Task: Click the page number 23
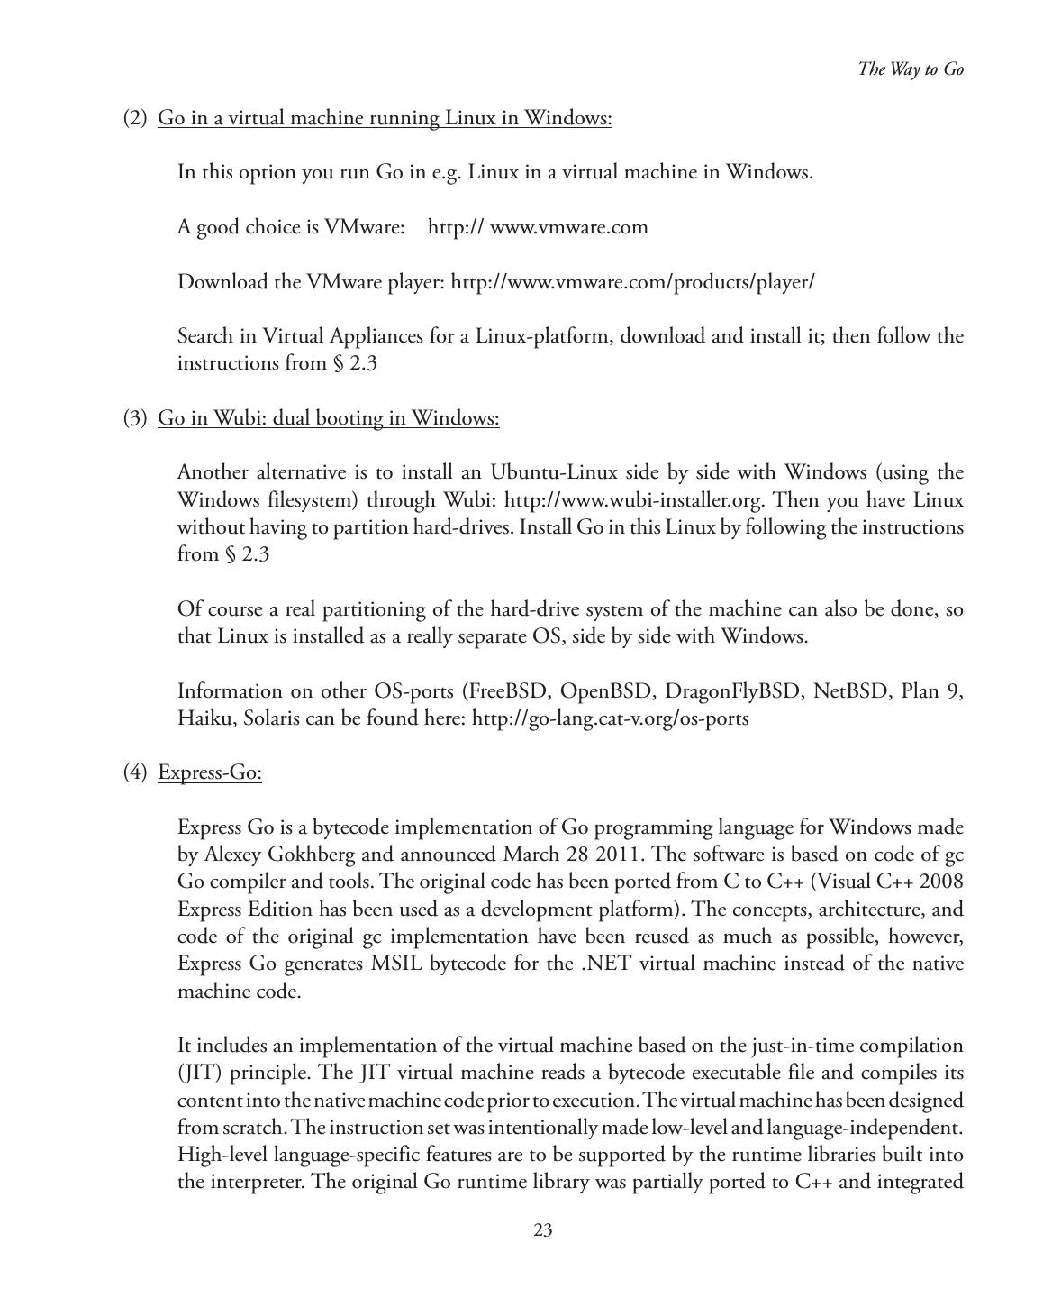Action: point(542,1230)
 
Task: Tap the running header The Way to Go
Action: point(911,69)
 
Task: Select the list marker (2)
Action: point(135,118)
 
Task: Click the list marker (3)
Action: point(135,418)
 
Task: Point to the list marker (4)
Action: point(135,772)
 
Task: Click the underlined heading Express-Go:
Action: point(210,772)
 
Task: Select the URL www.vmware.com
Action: point(568,227)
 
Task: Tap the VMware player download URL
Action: point(632,282)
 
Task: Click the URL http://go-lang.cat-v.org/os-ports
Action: point(610,718)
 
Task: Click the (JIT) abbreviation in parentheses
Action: point(200,1074)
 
